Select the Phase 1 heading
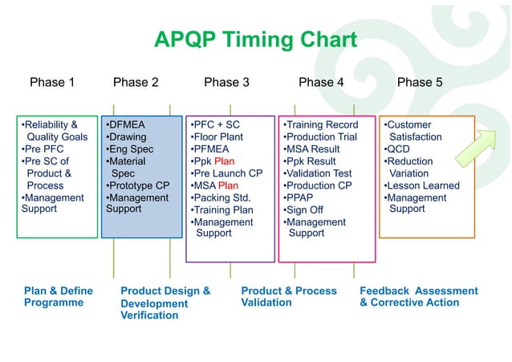pyautogui.click(x=52, y=82)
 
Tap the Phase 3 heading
pyautogui.click(x=226, y=82)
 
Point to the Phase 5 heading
pyautogui.click(x=420, y=82)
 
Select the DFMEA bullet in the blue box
pyautogui.click(x=127, y=125)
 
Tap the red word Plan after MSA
pyautogui.click(x=227, y=185)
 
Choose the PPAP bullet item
pyautogui.click(x=303, y=197)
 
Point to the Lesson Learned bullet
pyautogui.click(x=422, y=185)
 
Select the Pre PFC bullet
pyautogui.click(x=43, y=149)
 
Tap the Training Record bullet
pyautogui.click(x=321, y=125)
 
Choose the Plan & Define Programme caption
pyautogui.click(x=58, y=296)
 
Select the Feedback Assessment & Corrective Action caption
pyautogui.click(x=418, y=296)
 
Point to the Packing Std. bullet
pyautogui.click(x=221, y=197)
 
